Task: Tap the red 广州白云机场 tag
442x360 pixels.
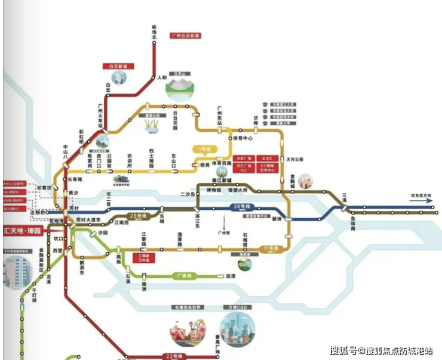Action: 185,36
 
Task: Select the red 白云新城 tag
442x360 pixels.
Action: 118,66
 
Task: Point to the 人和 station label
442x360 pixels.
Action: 162,77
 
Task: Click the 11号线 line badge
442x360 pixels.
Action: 270,247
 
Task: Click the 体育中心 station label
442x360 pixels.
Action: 243,138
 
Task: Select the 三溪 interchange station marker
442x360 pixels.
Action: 345,207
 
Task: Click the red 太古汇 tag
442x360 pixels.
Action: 266,159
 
